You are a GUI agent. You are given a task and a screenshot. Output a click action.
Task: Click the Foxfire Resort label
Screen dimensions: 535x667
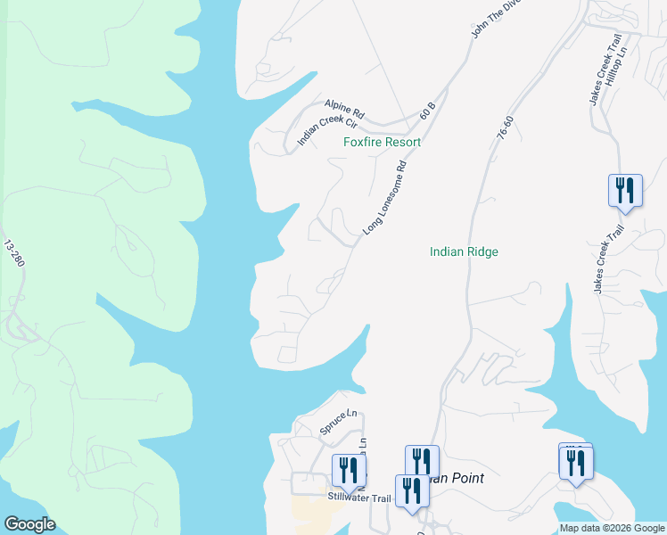tap(382, 142)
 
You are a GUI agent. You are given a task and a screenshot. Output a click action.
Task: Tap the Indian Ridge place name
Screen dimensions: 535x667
tap(464, 252)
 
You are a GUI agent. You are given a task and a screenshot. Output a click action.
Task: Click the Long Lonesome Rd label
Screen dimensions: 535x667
tap(385, 199)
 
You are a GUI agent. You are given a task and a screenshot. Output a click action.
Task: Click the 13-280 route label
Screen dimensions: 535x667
tap(12, 254)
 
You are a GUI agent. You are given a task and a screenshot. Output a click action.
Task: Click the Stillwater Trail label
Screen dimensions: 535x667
tap(359, 498)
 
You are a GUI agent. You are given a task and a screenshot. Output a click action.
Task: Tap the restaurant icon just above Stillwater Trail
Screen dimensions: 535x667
tap(350, 471)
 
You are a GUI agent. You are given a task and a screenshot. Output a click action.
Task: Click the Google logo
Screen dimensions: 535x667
tap(29, 524)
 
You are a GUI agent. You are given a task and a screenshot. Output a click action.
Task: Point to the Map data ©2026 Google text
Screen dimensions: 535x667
tap(613, 528)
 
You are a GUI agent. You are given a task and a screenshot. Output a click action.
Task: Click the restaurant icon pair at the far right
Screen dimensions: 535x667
tap(576, 463)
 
